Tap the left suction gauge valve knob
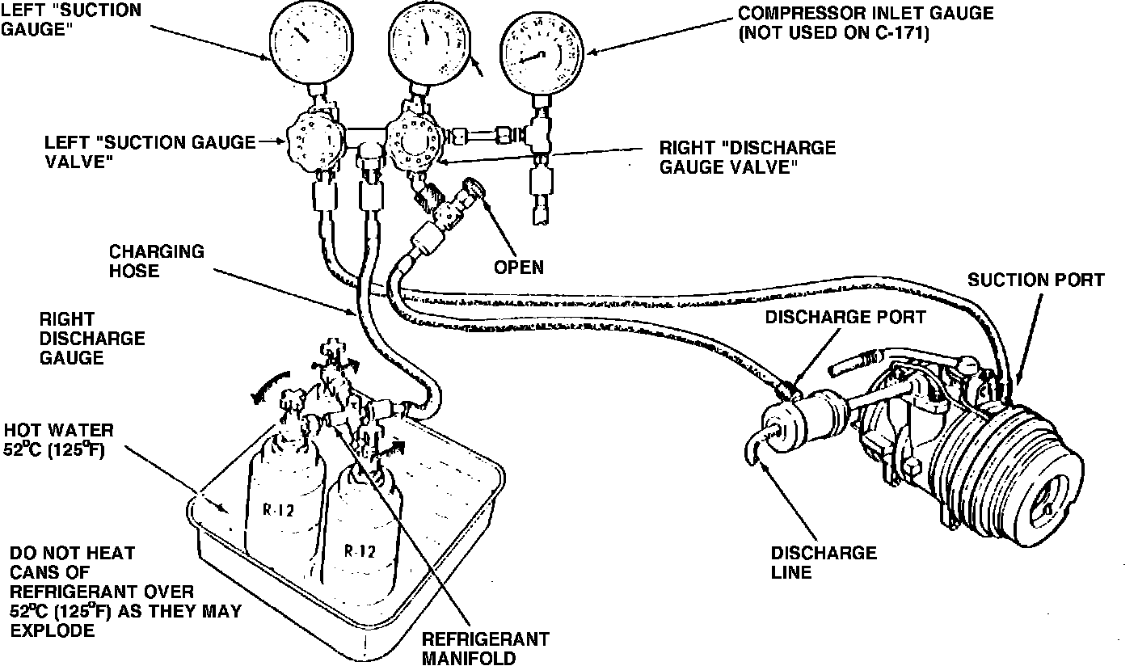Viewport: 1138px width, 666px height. [310, 145]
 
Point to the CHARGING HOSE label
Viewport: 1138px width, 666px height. [145, 260]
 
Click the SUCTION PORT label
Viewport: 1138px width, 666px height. [1036, 280]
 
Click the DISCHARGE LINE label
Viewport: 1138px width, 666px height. [823, 563]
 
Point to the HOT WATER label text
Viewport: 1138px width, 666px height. [58, 429]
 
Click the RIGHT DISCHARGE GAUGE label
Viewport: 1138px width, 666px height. [92, 338]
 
